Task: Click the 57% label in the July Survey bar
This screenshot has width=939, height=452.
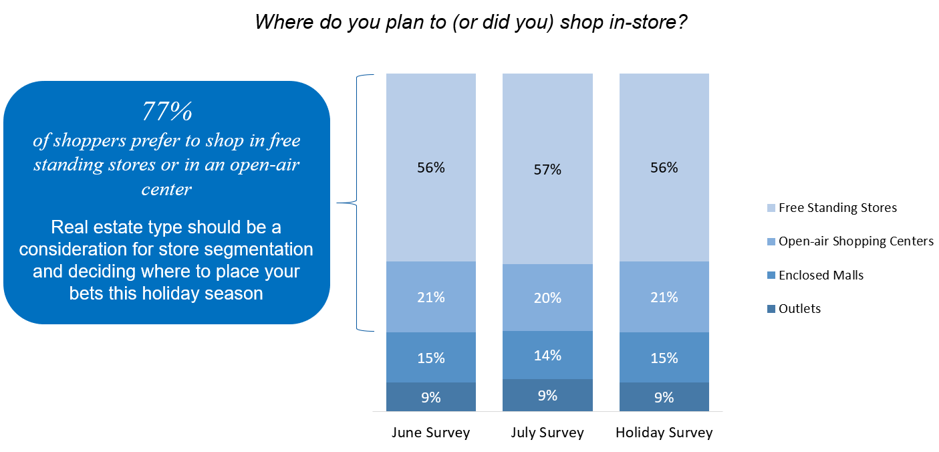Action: point(547,170)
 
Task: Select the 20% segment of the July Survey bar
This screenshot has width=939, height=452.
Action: point(547,298)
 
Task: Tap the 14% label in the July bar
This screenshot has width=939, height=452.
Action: point(547,355)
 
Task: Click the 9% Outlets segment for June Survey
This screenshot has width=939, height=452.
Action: point(431,397)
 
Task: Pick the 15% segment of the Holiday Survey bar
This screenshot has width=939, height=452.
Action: point(664,358)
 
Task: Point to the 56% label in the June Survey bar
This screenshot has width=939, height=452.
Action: point(431,168)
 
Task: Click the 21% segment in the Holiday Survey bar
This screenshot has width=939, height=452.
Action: point(664,297)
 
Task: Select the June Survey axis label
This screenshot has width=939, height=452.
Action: point(431,433)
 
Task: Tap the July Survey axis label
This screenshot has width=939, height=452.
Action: point(547,433)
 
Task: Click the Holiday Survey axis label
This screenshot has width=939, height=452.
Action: point(664,433)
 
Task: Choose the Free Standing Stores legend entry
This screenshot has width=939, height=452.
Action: point(837,207)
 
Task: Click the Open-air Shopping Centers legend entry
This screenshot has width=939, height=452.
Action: point(855,241)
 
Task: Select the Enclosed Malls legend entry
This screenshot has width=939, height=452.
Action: point(821,275)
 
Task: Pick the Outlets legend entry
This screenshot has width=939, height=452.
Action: point(799,308)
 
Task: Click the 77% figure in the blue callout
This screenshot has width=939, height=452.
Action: point(167,112)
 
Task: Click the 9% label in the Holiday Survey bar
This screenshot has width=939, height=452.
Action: point(664,397)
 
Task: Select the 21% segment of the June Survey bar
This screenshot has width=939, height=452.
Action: point(431,297)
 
